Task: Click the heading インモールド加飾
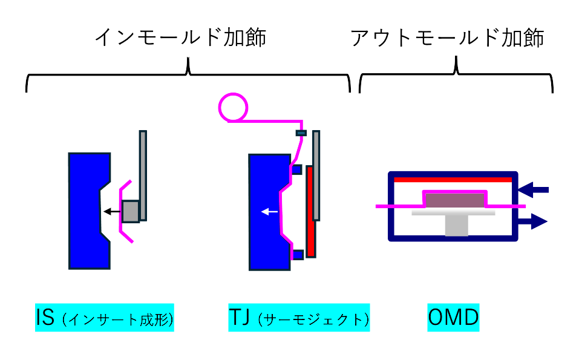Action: (x=180, y=38)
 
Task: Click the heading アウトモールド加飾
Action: (x=447, y=38)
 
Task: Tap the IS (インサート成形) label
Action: (x=105, y=318)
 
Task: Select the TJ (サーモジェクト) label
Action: (x=299, y=318)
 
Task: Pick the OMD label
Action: (x=453, y=318)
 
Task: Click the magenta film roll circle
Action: (x=231, y=107)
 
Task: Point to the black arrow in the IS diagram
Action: (x=111, y=211)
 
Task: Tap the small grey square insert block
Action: (x=130, y=211)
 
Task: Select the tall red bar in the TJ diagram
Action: (x=310, y=212)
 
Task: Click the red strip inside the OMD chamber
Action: (x=453, y=180)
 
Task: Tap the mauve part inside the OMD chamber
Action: (x=454, y=200)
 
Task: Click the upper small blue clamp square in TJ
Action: (x=296, y=169)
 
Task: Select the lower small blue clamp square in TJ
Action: (x=297, y=255)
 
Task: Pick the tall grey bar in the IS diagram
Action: (x=143, y=175)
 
